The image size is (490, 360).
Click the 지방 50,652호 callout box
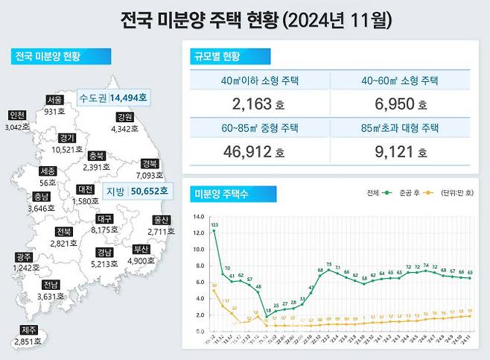tap(136, 192)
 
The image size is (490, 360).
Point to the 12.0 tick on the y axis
tap(198, 233)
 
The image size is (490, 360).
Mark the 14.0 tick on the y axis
tap(198, 217)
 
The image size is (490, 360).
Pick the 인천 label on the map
tap(17, 115)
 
